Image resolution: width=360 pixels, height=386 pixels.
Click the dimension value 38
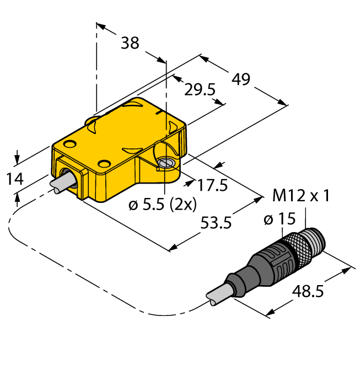(130, 43)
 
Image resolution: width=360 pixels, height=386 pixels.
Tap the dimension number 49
(240, 79)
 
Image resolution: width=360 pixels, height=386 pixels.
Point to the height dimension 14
(15, 179)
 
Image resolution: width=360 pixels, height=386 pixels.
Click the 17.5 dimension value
(212, 186)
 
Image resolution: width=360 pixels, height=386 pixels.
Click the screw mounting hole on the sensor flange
(164, 163)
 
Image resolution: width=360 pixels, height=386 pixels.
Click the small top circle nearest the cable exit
(69, 144)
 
